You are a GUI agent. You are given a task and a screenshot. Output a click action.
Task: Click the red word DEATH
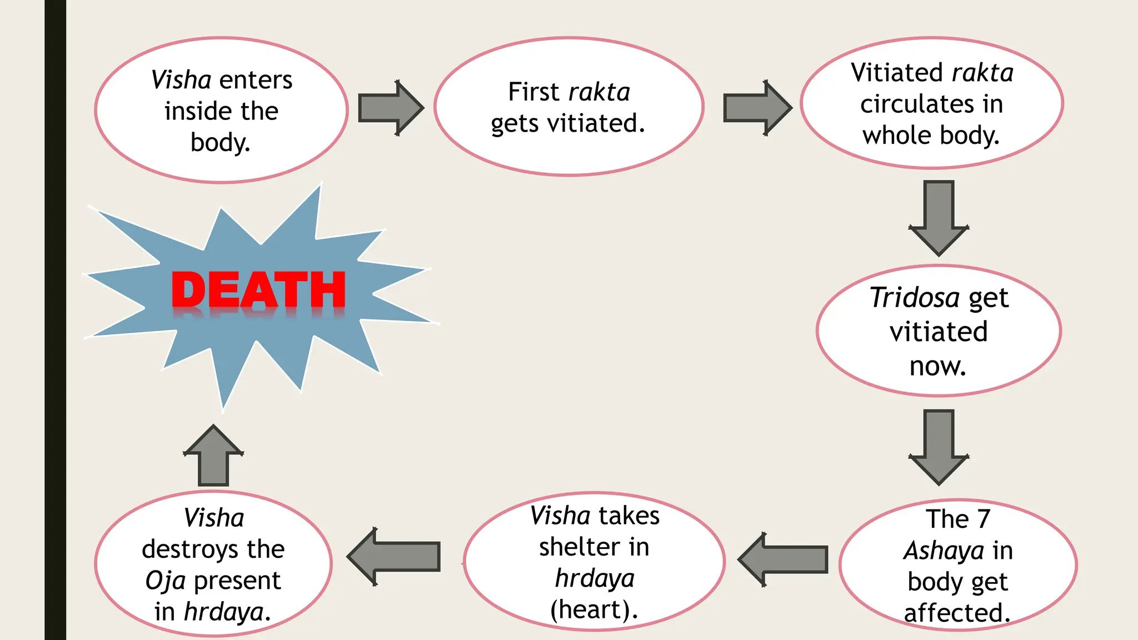point(258,290)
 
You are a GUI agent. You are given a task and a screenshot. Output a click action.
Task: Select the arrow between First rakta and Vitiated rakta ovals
point(756,108)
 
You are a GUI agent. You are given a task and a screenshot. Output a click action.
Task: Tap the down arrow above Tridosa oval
point(939,217)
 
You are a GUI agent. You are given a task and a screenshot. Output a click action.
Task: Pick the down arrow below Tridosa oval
point(939,447)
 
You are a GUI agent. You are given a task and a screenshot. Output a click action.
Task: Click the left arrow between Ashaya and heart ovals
point(783,559)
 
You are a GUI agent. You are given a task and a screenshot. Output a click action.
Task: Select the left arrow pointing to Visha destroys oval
point(394,557)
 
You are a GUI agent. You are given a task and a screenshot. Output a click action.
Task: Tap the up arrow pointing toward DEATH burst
point(213,456)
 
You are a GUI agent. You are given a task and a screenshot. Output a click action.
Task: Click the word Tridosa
point(915,298)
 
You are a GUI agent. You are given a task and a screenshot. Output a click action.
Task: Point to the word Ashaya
point(944,551)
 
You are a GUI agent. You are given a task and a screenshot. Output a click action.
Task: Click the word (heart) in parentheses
point(593,609)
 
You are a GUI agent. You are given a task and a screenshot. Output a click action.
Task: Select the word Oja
point(165,581)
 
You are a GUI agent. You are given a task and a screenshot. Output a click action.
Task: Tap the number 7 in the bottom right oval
point(983,519)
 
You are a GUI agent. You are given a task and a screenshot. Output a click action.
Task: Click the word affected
point(957,613)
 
